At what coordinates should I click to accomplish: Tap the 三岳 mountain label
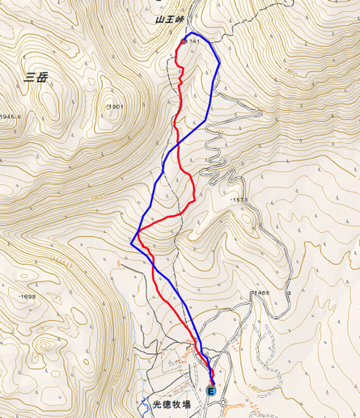click(36, 78)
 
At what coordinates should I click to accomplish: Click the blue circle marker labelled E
click(212, 391)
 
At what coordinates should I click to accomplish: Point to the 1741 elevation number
click(193, 41)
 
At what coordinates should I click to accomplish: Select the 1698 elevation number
click(27, 297)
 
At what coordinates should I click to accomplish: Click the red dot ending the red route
click(183, 42)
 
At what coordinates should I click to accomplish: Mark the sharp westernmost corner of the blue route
click(131, 243)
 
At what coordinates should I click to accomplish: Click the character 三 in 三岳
click(29, 78)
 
